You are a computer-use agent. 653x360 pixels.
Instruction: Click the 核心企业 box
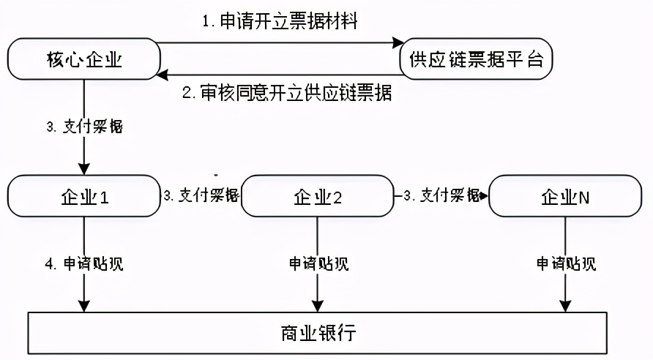pyautogui.click(x=84, y=59)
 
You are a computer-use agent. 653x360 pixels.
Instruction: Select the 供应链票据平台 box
pyautogui.click(x=476, y=59)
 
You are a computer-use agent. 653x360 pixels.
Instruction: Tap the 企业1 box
pyautogui.click(x=84, y=196)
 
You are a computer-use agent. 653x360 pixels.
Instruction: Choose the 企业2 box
pyautogui.click(x=318, y=196)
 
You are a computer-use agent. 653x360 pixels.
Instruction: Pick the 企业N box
pyautogui.click(x=565, y=196)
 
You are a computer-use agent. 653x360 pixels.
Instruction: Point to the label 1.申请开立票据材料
pyautogui.click(x=280, y=21)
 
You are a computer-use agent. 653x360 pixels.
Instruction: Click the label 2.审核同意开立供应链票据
pyautogui.click(x=286, y=93)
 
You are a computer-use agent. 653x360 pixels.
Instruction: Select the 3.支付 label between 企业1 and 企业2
pyautogui.click(x=201, y=195)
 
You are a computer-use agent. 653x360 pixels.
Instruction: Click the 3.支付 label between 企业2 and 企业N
pyautogui.click(x=441, y=195)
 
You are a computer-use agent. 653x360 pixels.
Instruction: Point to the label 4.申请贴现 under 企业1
pyautogui.click(x=84, y=263)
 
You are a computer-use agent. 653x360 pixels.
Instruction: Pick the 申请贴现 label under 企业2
pyautogui.click(x=318, y=263)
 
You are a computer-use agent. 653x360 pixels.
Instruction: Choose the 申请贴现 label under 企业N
pyautogui.click(x=565, y=263)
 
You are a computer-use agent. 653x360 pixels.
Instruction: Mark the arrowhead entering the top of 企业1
pyautogui.click(x=84, y=169)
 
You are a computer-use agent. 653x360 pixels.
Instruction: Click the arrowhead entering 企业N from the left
pyautogui.click(x=484, y=195)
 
